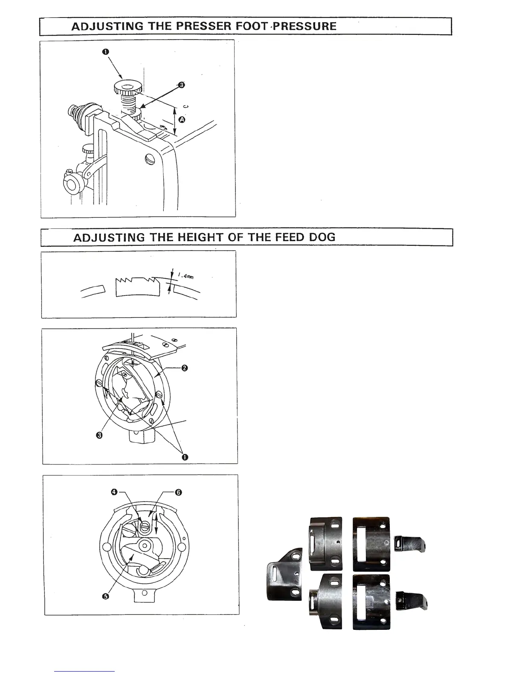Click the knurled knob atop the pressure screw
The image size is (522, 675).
[x=125, y=88]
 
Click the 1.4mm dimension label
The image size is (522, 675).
[x=185, y=276]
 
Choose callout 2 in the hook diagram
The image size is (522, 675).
[x=184, y=369]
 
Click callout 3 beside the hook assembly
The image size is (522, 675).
[x=99, y=435]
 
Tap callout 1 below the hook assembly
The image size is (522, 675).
[x=185, y=457]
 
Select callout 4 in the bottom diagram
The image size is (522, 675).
[x=114, y=492]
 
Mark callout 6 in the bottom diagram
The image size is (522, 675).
[x=179, y=492]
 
